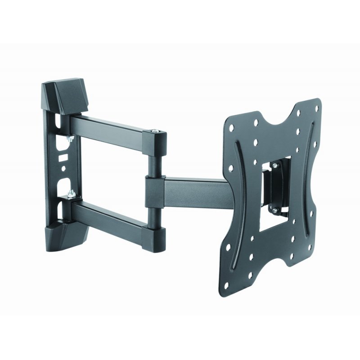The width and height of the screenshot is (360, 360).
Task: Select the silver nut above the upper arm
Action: coord(69,139)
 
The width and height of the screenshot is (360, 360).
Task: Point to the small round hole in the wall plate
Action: coord(63,170)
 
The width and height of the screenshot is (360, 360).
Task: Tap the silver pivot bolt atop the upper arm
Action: coord(155,130)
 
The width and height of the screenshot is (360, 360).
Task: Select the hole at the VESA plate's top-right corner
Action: coord(317,108)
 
